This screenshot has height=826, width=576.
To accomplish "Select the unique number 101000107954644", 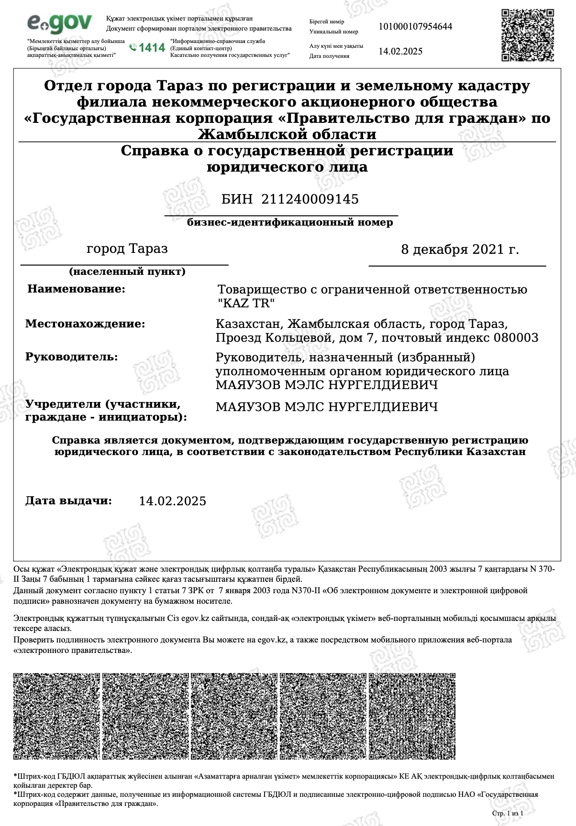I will pos(415,26).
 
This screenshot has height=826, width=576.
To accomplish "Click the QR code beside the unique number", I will pos(528,35).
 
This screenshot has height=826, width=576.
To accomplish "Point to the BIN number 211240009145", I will pos(310,199).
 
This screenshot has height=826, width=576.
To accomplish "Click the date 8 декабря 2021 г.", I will pos(459,250).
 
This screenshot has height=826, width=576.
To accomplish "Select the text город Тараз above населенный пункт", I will pos(127,249).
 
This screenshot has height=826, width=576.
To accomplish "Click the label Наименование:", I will pos(76,289).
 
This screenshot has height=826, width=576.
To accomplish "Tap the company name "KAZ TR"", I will pos(246,303).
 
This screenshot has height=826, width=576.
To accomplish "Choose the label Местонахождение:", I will pos(85,324).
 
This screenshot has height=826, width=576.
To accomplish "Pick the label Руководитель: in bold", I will pos(71,357).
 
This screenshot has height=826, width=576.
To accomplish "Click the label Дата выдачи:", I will pos(68,500).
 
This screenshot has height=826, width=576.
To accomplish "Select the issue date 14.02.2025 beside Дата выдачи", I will pos(173,501).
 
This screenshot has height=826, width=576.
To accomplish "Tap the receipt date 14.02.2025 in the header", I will pos(400,52).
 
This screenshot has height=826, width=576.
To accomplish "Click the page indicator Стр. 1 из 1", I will pos(507,813).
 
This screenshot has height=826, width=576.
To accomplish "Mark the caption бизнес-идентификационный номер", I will pos(290,222).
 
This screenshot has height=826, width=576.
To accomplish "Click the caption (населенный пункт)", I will pos(127,272).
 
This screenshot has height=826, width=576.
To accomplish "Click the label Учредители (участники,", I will pos(103,404).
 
